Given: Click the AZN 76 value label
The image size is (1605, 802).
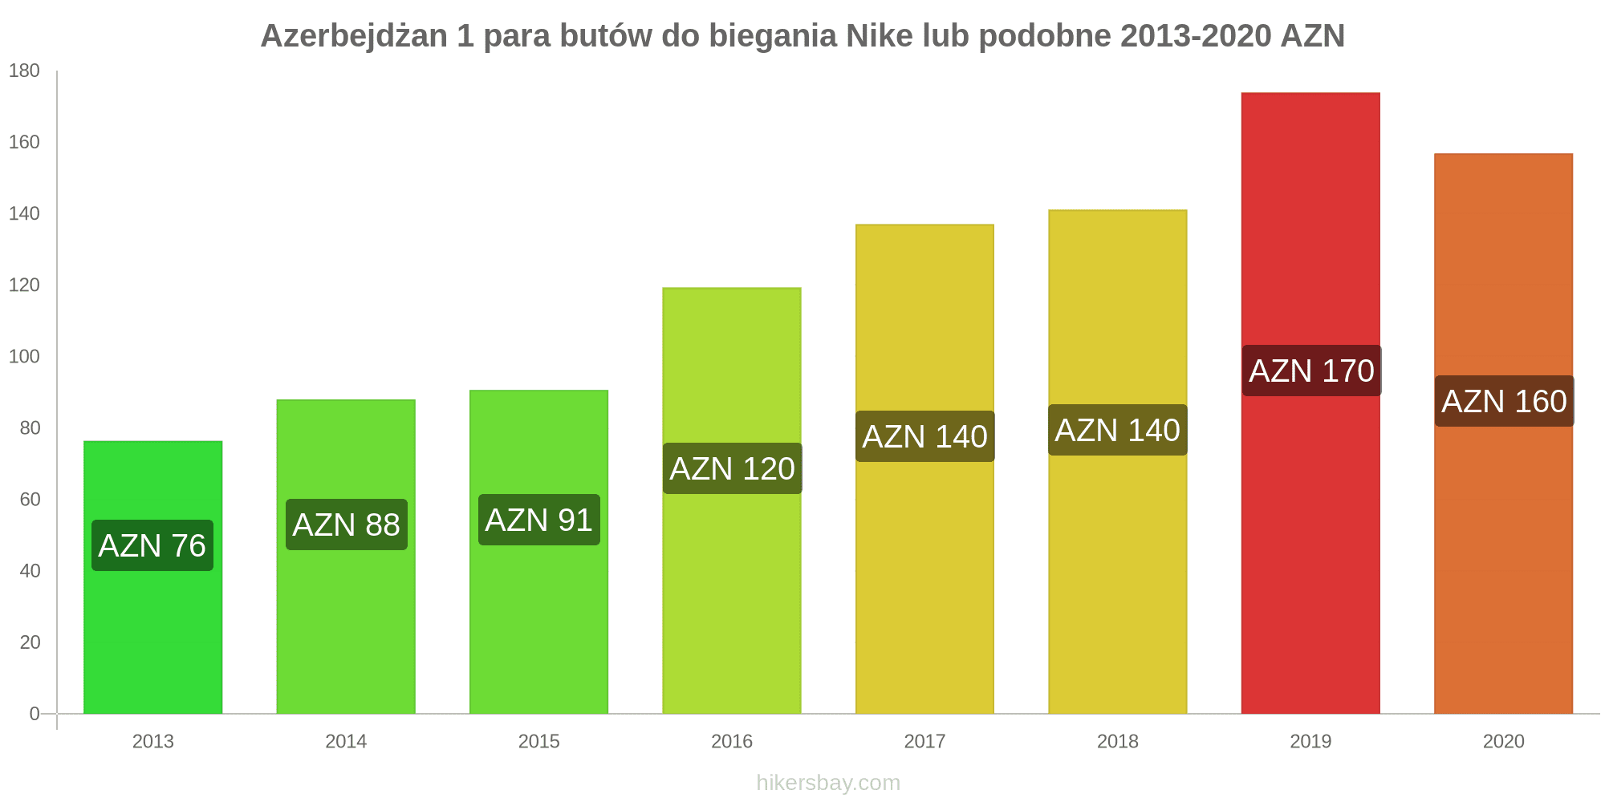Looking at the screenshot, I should [152, 545].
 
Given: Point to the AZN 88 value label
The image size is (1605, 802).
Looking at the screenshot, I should [347, 525].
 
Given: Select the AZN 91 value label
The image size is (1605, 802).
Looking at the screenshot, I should [539, 520].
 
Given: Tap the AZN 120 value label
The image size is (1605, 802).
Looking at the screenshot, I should [732, 468].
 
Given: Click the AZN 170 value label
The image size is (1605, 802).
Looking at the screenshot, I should [1311, 371].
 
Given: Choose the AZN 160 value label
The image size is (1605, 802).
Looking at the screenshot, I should [1504, 401].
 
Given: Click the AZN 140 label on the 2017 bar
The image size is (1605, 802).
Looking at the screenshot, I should [924, 436].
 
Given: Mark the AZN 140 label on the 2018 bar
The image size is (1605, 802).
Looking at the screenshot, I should [1117, 430].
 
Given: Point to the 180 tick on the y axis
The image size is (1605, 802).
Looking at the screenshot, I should [24, 71].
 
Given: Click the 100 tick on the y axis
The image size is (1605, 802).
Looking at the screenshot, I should [24, 356].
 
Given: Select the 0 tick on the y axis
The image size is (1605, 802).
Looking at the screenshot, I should [34, 713].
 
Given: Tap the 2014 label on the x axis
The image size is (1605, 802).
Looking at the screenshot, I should [346, 741].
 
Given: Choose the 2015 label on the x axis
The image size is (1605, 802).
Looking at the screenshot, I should [538, 741].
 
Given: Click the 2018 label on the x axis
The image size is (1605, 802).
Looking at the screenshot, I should [1118, 741].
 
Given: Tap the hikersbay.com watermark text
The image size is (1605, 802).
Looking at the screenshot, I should [828, 782].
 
